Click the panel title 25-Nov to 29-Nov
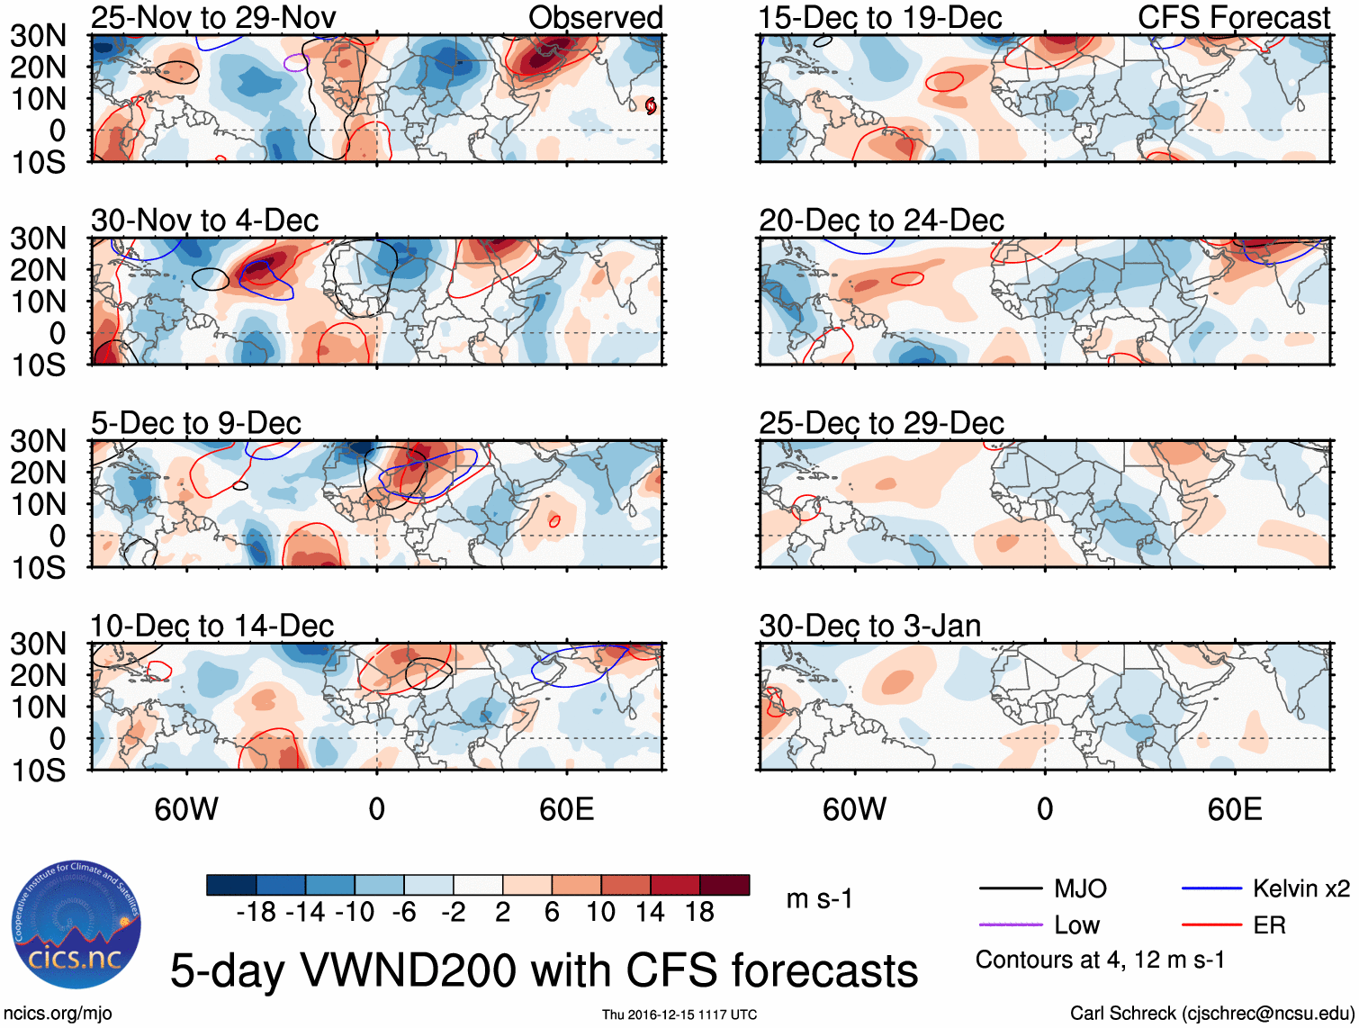click(x=213, y=17)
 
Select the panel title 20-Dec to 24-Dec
click(x=881, y=221)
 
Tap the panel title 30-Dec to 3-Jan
click(x=869, y=626)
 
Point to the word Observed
click(x=595, y=17)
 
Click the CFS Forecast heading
click(x=1233, y=17)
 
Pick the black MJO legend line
click(x=1010, y=889)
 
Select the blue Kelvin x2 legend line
click(x=1211, y=889)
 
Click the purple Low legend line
click(x=1010, y=925)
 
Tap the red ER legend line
click(x=1211, y=925)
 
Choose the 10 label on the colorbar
click(x=600, y=913)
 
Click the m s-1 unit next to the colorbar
click(x=819, y=899)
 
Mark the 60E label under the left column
click(x=566, y=809)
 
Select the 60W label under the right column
click(x=854, y=809)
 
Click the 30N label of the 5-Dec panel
click(x=38, y=441)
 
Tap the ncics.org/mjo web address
click(x=58, y=1014)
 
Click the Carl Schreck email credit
click(x=1211, y=1014)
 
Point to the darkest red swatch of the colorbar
click(x=724, y=885)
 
